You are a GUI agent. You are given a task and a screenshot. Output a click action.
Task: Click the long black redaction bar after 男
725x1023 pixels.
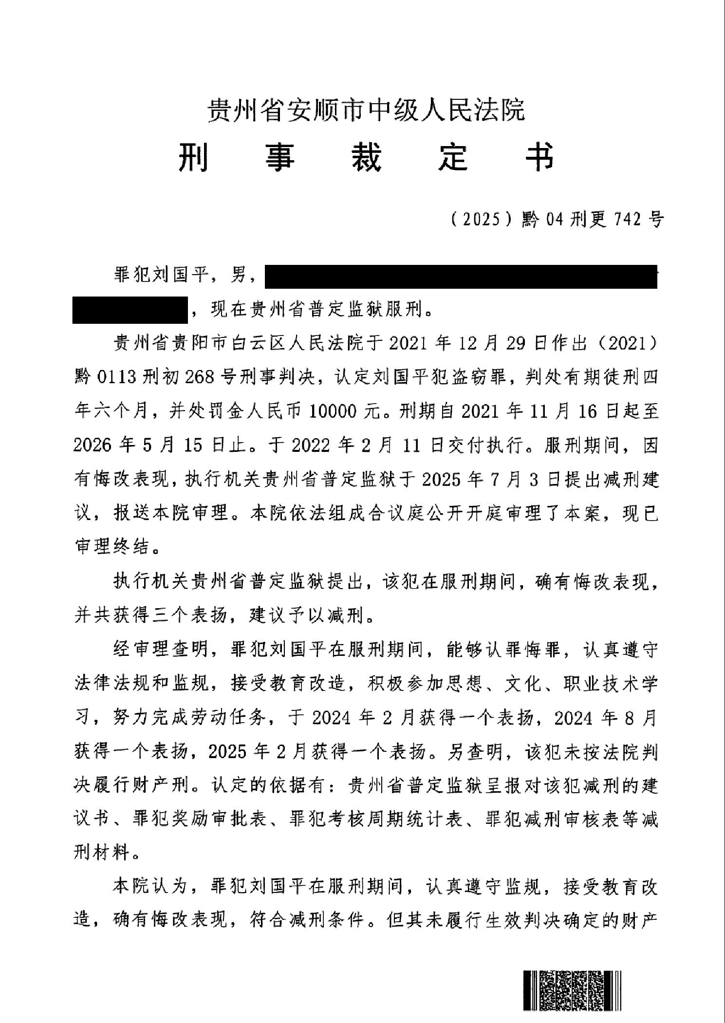461,277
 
